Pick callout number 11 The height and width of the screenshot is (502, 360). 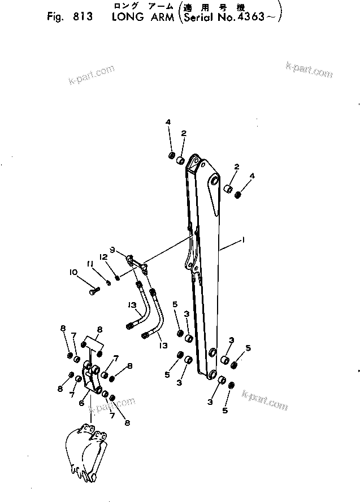[x=90, y=264]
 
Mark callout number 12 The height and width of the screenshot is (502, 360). [x=103, y=257]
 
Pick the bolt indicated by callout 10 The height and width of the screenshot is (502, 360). [x=94, y=291]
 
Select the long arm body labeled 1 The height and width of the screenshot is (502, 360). [x=206, y=265]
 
